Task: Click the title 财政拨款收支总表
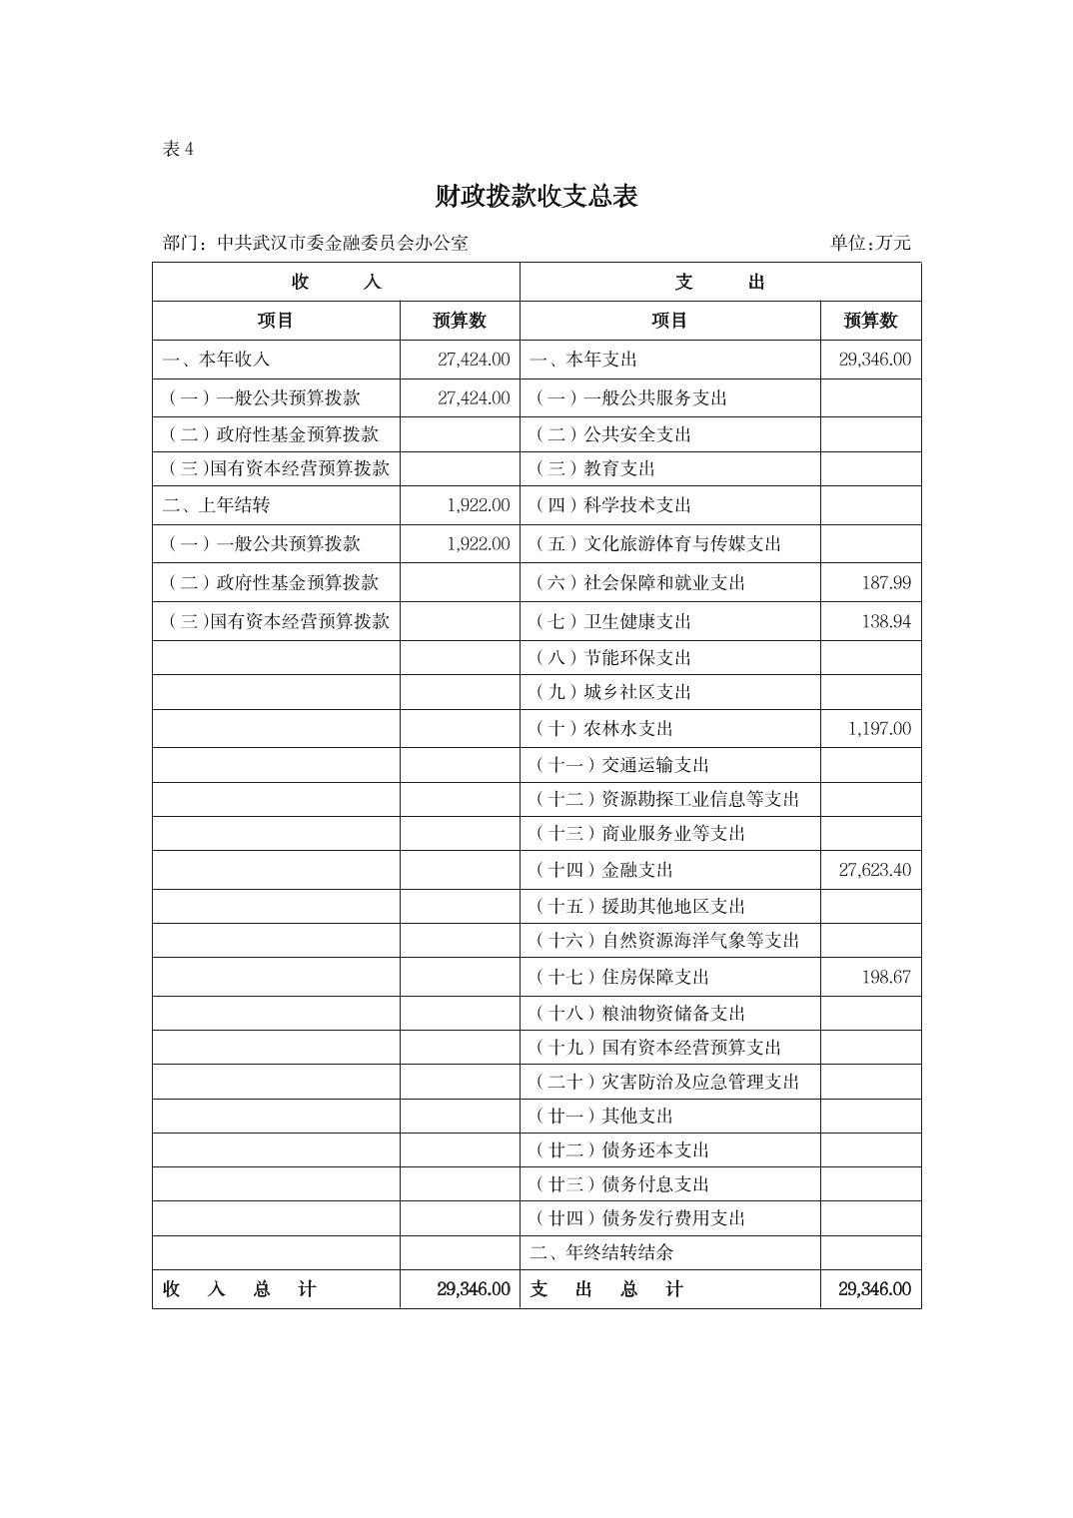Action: click(x=536, y=197)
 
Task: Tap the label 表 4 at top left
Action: click(x=178, y=149)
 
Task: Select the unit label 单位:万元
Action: click(x=869, y=243)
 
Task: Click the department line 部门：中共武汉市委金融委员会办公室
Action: click(x=315, y=243)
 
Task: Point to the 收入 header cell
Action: click(x=336, y=282)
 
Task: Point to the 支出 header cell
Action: click(x=719, y=282)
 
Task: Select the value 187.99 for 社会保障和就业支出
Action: click(x=886, y=582)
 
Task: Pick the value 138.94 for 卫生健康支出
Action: click(x=886, y=621)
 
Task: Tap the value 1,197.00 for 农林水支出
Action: click(x=879, y=728)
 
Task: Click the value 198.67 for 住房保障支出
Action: click(x=886, y=977)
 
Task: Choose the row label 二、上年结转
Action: click(x=216, y=505)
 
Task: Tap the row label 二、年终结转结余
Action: click(x=601, y=1252)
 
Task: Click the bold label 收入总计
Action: click(x=240, y=1289)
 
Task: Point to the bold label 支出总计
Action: click(x=606, y=1289)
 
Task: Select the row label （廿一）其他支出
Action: click(x=603, y=1116)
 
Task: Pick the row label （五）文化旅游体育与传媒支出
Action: click(x=657, y=544)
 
